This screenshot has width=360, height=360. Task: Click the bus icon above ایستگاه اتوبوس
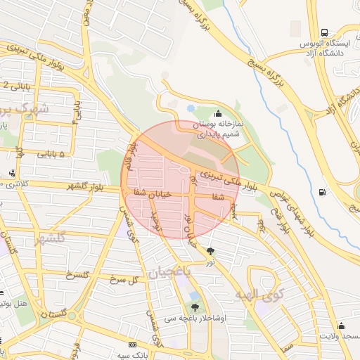324,32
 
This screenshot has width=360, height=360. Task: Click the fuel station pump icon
322,191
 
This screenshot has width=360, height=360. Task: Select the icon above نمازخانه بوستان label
219,114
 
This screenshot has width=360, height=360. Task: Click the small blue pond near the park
191,109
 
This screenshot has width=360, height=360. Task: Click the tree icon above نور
211,252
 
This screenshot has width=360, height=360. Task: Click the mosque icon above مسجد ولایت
341,326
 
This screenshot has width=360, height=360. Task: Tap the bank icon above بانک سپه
133,345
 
